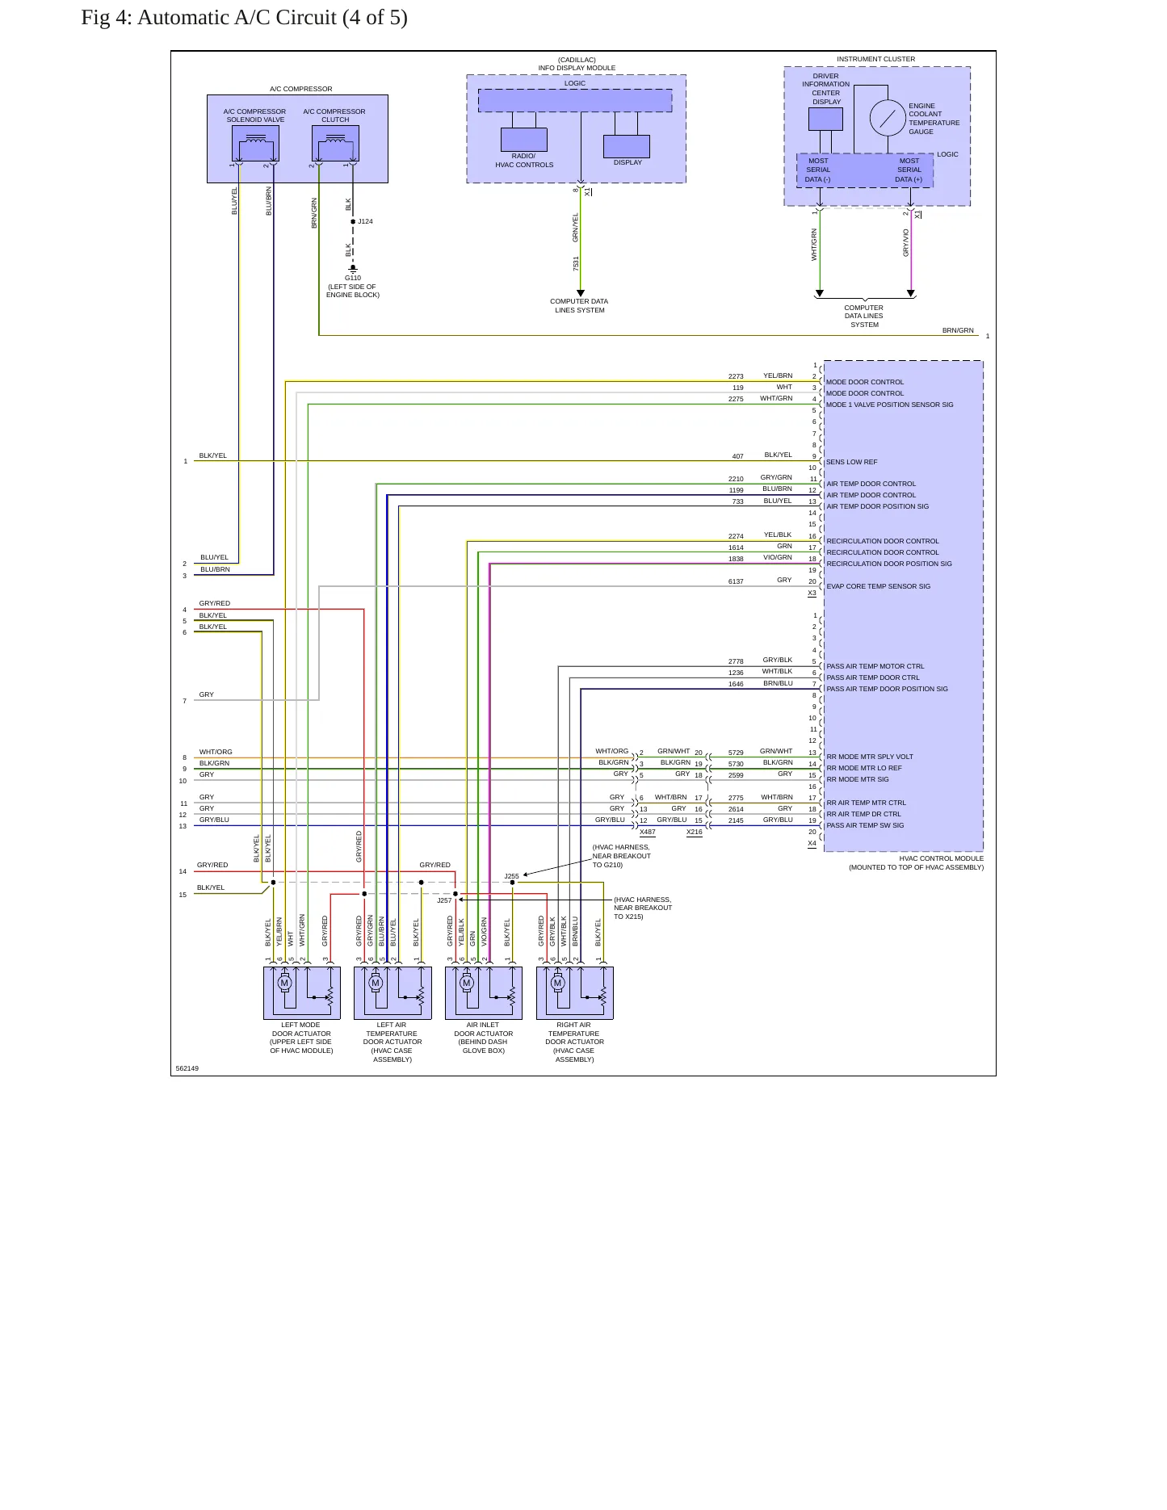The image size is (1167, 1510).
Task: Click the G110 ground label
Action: click(353, 278)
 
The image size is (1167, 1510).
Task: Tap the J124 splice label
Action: click(365, 221)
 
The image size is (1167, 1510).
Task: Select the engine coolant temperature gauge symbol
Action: click(888, 118)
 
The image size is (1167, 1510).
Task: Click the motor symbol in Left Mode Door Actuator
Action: click(284, 983)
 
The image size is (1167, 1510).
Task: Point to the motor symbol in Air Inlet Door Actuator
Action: click(466, 983)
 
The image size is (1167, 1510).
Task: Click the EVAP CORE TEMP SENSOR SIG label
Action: click(879, 586)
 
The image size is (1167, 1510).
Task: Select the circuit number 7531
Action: click(576, 263)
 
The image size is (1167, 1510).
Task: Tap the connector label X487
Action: click(648, 832)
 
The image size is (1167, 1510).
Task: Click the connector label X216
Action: click(695, 832)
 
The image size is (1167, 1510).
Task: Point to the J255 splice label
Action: click(512, 876)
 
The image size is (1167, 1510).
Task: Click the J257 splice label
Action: click(444, 900)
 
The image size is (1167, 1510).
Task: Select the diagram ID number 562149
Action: click(187, 1068)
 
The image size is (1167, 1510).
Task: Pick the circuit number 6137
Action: click(736, 581)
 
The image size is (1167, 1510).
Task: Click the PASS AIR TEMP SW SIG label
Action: click(865, 825)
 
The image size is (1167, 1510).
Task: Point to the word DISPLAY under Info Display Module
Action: click(628, 162)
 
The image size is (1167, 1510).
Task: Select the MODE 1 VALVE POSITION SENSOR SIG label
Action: click(889, 405)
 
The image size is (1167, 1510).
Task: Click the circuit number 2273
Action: click(736, 376)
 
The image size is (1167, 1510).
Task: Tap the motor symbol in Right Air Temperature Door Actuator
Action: click(557, 983)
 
